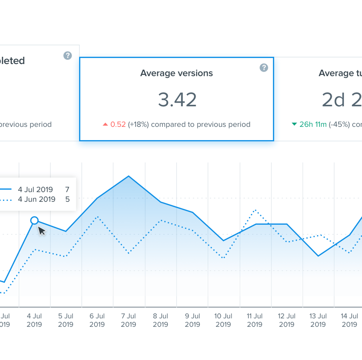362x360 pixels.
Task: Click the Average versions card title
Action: pyautogui.click(x=176, y=73)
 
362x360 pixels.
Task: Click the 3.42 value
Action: pyautogui.click(x=177, y=99)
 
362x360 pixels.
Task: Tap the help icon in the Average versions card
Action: pyautogui.click(x=264, y=68)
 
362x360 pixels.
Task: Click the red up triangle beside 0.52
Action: pyautogui.click(x=105, y=125)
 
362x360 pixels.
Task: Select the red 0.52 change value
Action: pyautogui.click(x=118, y=125)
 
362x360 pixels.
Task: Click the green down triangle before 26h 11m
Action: pyautogui.click(x=294, y=124)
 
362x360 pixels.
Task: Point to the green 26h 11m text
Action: pyautogui.click(x=313, y=125)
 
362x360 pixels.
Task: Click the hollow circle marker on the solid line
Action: pyautogui.click(x=34, y=220)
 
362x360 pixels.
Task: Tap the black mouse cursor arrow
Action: pyautogui.click(x=41, y=230)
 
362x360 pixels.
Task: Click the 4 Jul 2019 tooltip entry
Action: pyautogui.click(x=35, y=189)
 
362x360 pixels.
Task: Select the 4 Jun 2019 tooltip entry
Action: pyautogui.click(x=37, y=199)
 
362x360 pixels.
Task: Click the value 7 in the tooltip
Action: pyautogui.click(x=67, y=189)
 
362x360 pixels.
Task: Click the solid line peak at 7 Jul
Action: pyautogui.click(x=129, y=176)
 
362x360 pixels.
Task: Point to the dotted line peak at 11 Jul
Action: pyautogui.click(x=255, y=210)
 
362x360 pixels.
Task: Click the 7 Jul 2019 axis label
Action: pyautogui.click(x=129, y=320)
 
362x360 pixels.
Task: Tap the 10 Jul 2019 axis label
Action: pyautogui.click(x=223, y=320)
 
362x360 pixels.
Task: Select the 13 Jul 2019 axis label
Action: pyautogui.click(x=318, y=320)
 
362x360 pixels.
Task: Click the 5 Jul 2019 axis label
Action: pyautogui.click(x=65, y=320)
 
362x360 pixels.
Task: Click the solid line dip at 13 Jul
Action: pyautogui.click(x=318, y=256)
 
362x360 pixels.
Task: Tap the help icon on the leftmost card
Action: pyautogui.click(x=67, y=56)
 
